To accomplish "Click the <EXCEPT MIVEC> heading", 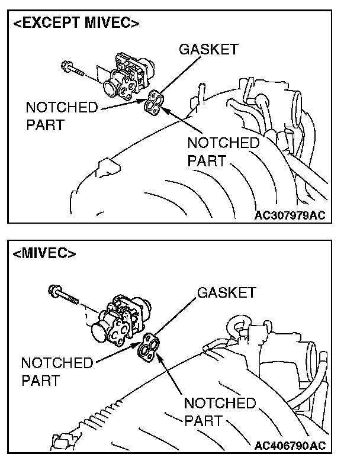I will click(76, 24).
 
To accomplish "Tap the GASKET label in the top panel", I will click(208, 49).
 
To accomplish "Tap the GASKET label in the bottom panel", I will click(227, 292).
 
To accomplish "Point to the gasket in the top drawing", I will click(154, 102).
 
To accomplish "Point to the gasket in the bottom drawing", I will click(149, 347).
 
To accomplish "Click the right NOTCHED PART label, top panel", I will click(223, 152).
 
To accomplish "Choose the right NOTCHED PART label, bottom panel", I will click(220, 412).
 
